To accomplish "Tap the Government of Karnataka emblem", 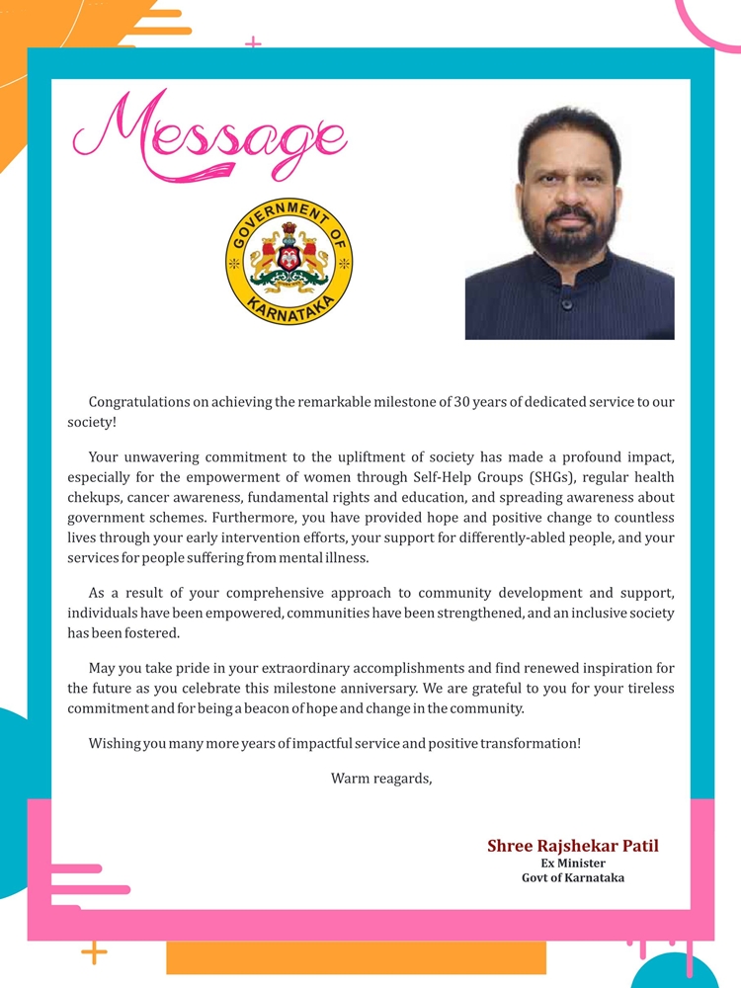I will tap(289, 262).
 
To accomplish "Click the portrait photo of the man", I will tap(570, 222).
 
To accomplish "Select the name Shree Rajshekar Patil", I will tap(573, 846).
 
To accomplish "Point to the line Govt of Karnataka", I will tap(573, 877).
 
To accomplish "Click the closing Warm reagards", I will tap(381, 779).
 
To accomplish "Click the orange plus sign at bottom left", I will tap(94, 953).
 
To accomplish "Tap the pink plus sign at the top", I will tap(254, 43).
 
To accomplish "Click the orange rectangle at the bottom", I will tap(356, 957).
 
